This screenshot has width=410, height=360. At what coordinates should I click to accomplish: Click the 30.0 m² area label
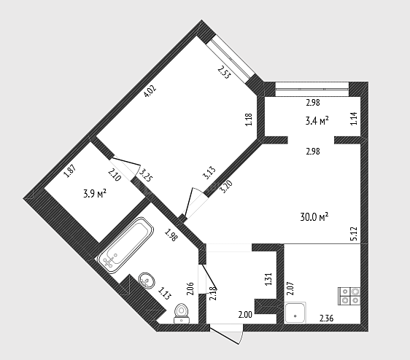314,217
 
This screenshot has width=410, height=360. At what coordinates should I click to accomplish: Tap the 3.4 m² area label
317,121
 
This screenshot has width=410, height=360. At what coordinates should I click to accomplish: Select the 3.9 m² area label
95,194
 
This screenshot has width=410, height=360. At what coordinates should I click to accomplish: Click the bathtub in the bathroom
125,246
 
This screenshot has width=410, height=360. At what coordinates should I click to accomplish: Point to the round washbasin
147,281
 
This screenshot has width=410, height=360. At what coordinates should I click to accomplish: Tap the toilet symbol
182,313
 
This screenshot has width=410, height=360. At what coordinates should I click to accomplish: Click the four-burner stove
349,297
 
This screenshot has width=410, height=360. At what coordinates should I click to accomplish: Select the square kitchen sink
295,313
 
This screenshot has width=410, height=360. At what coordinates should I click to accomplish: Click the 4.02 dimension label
150,91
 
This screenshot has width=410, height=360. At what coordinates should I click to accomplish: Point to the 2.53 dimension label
225,72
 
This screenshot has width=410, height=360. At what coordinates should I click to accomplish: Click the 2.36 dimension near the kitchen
326,318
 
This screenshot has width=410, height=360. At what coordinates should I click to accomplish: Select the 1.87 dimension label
70,171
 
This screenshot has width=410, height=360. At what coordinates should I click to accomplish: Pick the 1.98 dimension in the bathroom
171,235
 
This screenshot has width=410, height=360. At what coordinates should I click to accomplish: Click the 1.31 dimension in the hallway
268,279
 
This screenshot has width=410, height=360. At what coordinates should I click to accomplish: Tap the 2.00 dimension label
245,315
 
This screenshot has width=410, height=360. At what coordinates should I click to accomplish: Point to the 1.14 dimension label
354,118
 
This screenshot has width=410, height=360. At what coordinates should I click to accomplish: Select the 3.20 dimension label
226,187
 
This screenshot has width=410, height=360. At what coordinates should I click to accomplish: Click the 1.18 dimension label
249,120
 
